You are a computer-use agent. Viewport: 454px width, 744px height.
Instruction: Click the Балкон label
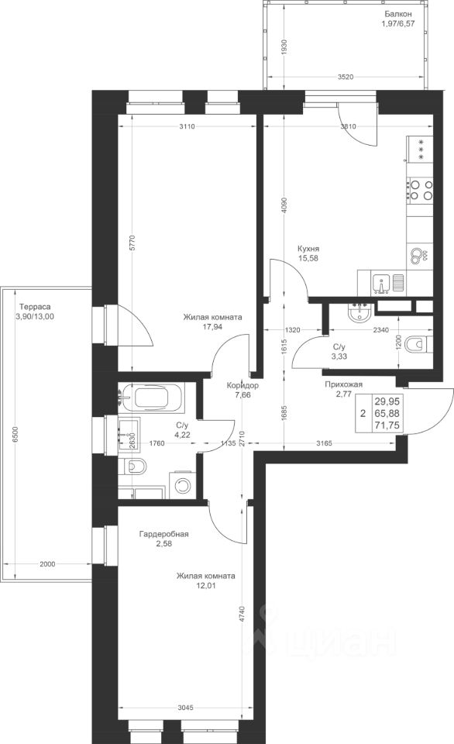tap(398, 14)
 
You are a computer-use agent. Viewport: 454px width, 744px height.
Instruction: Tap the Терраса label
tap(33, 307)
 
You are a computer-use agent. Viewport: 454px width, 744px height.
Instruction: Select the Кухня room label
tap(308, 249)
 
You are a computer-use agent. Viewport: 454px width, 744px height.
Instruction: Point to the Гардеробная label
tap(163, 534)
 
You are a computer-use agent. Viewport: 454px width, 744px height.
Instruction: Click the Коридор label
tap(242, 385)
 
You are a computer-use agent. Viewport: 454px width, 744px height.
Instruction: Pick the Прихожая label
tap(344, 384)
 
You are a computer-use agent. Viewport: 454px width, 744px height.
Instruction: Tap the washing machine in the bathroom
tap(182, 484)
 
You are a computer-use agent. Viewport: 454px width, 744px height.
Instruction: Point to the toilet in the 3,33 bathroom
tap(420, 343)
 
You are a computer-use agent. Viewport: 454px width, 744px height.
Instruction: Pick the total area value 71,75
tap(387, 425)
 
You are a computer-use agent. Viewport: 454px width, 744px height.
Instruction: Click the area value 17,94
tap(213, 326)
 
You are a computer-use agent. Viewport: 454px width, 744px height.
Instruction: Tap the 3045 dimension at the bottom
tap(186, 708)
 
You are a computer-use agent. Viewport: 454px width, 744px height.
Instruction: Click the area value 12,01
tap(205, 586)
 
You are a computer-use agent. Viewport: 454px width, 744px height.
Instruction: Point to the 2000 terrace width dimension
tap(47, 564)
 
